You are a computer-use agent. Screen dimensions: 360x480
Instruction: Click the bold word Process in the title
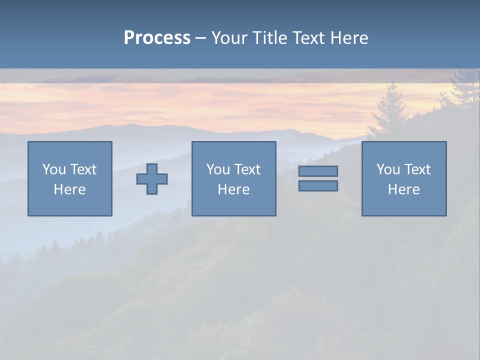pos(157,38)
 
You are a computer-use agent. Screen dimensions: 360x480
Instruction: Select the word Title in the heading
pos(270,38)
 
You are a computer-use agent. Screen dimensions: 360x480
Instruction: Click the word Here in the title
pos(350,38)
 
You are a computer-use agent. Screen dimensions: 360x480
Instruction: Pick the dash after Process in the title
pos(200,38)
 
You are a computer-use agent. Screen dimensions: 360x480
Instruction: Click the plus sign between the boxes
pos(152,179)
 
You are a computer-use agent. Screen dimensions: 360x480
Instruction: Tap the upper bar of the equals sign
pos(318,171)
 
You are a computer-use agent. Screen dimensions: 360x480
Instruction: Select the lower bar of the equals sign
pos(318,185)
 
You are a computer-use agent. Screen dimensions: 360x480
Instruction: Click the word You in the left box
pos(54,169)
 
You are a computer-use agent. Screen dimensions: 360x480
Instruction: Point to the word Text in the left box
pos(82,169)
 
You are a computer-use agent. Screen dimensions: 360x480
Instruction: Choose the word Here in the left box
pos(69,189)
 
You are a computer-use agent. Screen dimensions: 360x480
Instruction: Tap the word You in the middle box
pos(218,169)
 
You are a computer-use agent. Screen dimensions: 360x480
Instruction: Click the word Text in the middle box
pos(246,169)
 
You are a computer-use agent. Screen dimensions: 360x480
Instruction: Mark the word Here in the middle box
pos(233,189)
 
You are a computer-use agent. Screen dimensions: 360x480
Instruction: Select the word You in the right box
pos(388,169)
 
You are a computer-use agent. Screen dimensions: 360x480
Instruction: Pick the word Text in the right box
pos(416,169)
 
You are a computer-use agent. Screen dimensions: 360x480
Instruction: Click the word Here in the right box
pos(403,189)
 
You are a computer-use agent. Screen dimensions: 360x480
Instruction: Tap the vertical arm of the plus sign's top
pos(152,168)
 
